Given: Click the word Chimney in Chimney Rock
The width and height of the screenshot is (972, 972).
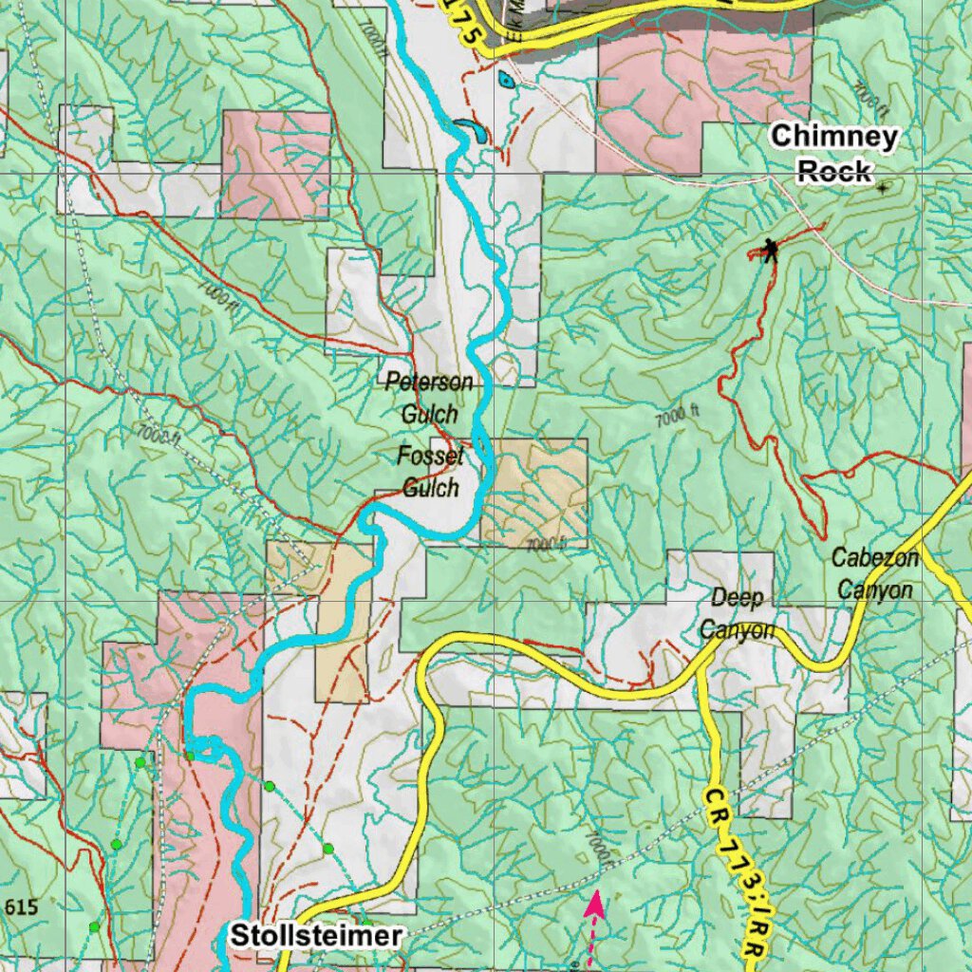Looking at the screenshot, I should (x=833, y=137).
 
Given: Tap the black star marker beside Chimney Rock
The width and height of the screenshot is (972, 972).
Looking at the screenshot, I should (x=883, y=188).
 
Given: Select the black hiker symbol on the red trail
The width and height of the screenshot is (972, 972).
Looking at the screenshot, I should (x=770, y=251).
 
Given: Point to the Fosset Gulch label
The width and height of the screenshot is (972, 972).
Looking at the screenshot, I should (x=431, y=472).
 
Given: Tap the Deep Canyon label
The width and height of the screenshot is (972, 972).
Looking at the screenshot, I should (x=738, y=613).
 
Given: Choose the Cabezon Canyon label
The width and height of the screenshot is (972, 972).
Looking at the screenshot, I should (x=874, y=574).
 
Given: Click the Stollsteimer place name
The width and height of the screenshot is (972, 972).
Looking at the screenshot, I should (x=313, y=936).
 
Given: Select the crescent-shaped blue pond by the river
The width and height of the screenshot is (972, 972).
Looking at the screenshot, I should (x=470, y=127).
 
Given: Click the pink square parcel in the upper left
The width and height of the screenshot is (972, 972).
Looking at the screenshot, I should (x=275, y=164).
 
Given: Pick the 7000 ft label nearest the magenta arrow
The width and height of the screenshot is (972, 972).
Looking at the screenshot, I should (x=597, y=850).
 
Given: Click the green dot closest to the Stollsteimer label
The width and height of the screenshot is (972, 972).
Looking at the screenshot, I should (x=327, y=849).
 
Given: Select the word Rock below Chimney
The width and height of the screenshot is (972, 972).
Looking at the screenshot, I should (x=833, y=172).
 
